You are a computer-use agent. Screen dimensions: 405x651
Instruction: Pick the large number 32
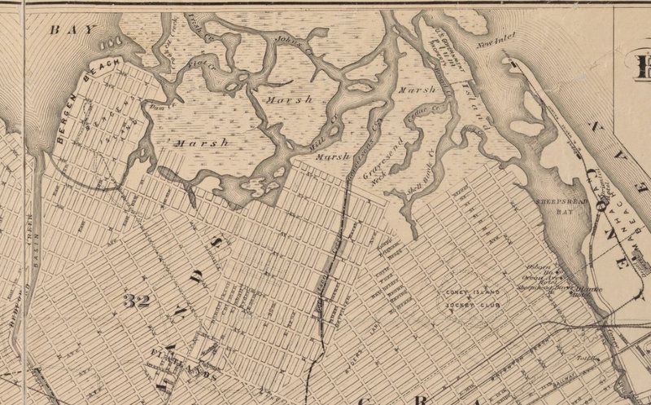(x=137, y=301)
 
